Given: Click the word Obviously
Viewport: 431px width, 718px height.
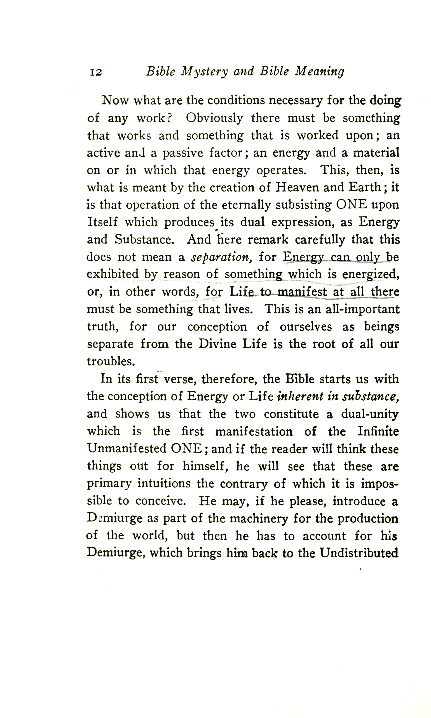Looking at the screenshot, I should click(214, 118).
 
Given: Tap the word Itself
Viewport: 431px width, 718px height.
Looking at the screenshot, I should click(102, 222).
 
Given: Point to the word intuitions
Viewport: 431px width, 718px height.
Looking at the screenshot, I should click(164, 484).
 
